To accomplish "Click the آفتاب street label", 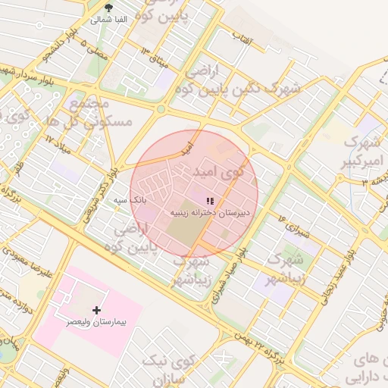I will click(x=242, y=35).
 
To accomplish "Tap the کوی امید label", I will click(x=220, y=172).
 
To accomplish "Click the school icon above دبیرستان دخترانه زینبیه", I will click(x=210, y=200).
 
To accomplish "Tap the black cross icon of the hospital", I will click(x=96, y=310).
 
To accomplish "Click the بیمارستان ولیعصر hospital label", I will click(x=96, y=323).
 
